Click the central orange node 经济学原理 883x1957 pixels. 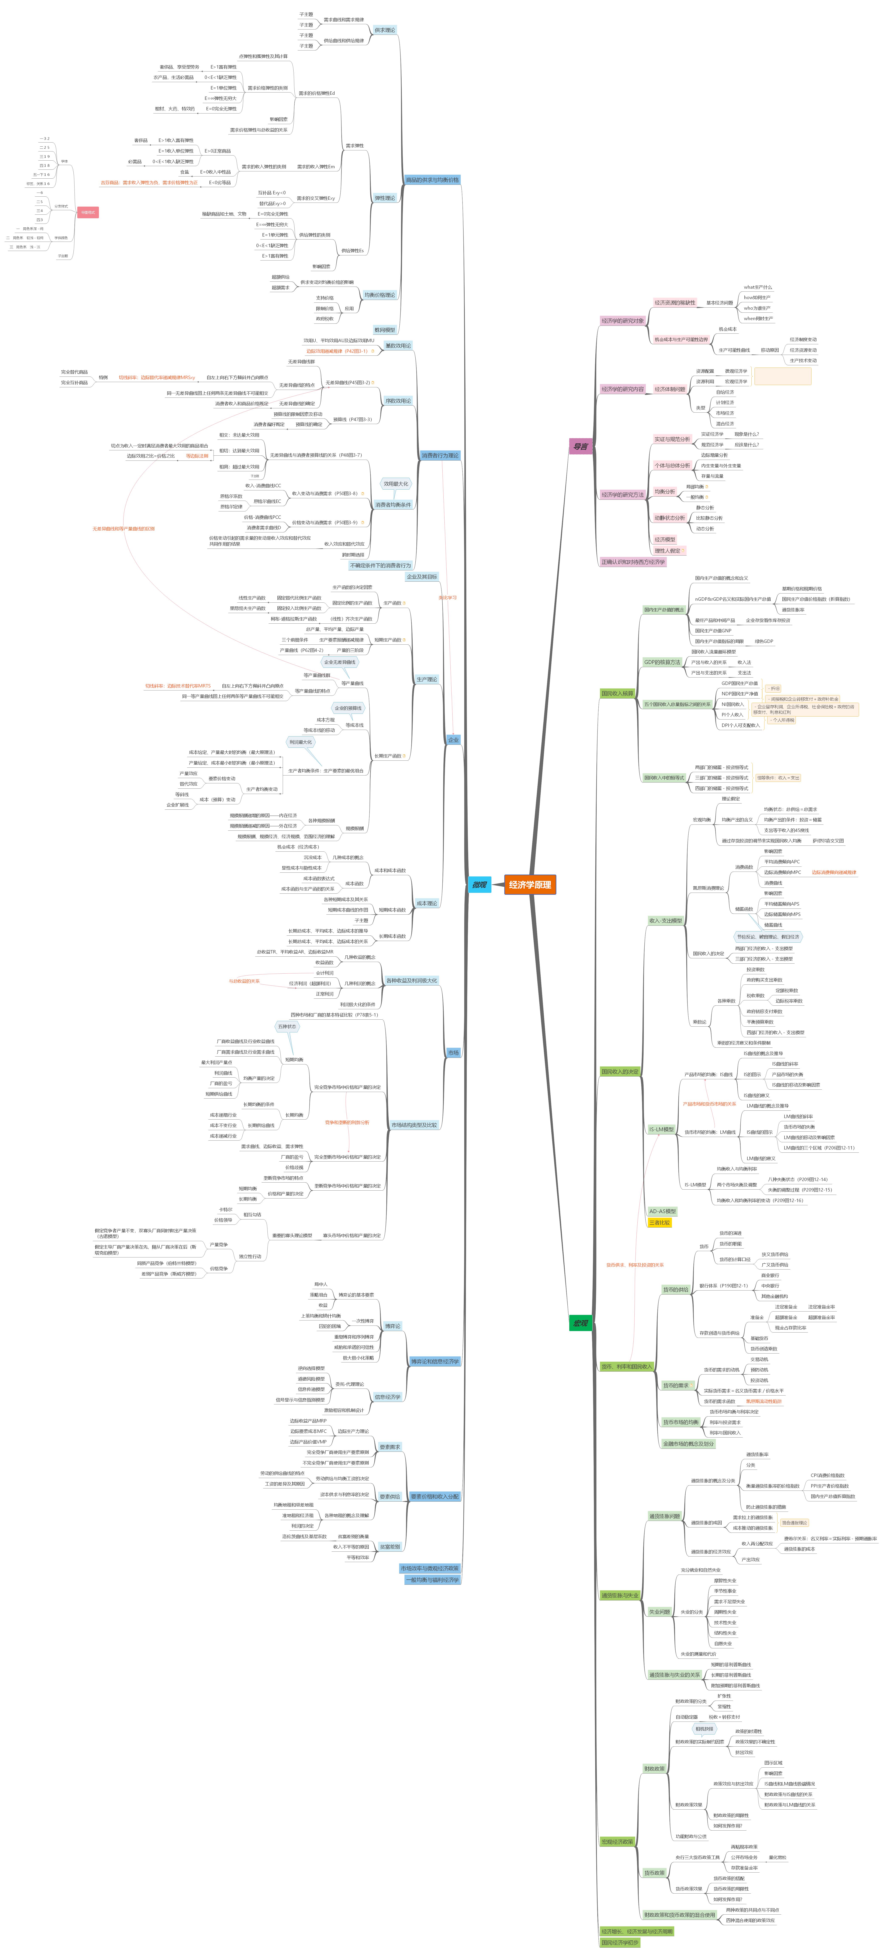tap(530, 884)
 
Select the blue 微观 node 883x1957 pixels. tap(479, 884)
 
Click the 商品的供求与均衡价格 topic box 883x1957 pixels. tap(432, 180)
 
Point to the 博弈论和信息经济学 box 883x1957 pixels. tap(435, 1361)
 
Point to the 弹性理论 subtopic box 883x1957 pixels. tap(384, 198)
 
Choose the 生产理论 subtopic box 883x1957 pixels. tap(426, 679)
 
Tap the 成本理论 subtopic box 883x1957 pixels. tap(426, 903)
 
